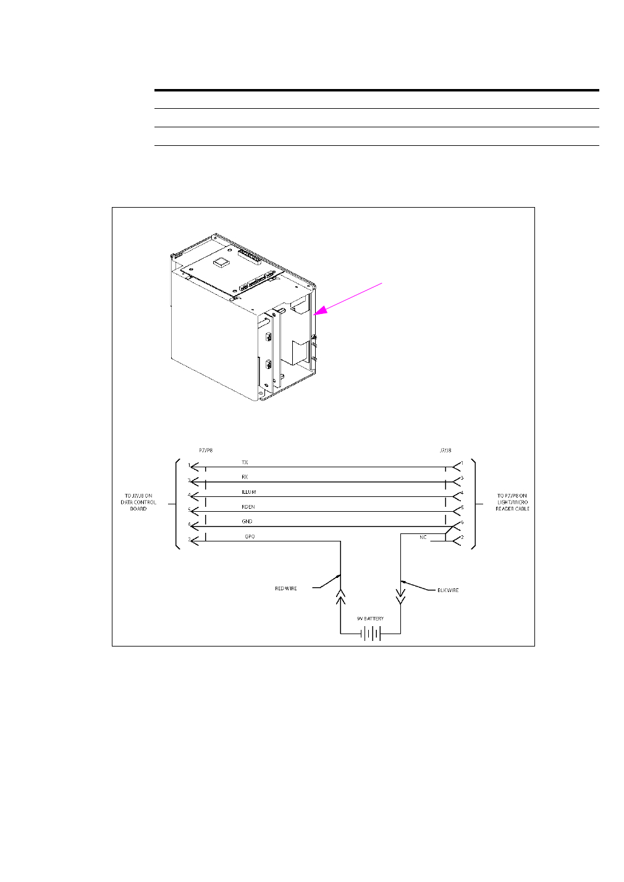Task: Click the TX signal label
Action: (245, 462)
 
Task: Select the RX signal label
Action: (245, 477)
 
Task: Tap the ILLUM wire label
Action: (248, 492)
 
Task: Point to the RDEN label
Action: (248, 507)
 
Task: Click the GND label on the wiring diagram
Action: (247, 522)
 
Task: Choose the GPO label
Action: (250, 536)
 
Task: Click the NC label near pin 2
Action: (423, 538)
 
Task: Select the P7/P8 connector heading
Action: (206, 451)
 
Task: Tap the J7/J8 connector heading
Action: (445, 451)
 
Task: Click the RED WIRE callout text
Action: (285, 588)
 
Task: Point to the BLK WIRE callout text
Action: (448, 590)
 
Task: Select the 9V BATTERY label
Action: (370, 619)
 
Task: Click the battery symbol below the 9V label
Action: (370, 634)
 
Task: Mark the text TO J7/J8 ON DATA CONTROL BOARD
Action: (138, 502)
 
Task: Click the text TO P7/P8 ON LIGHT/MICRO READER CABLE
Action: (512, 502)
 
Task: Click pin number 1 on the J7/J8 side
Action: (462, 463)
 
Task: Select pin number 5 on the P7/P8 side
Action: (189, 510)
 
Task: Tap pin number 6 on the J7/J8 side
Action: (462, 522)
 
